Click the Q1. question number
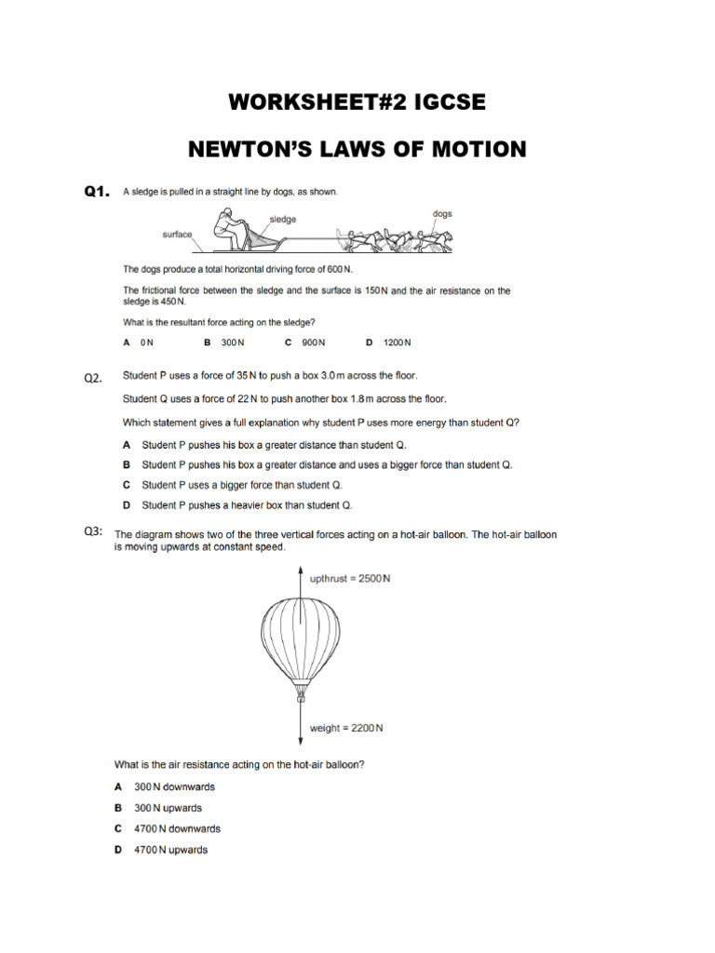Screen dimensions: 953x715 [97, 192]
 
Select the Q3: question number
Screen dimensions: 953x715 [94, 531]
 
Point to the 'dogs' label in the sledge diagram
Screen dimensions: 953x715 [442, 213]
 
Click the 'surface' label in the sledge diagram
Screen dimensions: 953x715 [177, 235]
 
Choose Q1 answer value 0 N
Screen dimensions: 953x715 [146, 342]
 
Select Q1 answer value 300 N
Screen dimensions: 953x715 [233, 342]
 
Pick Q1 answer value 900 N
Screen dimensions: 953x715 [314, 342]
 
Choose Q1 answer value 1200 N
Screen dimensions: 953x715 [397, 342]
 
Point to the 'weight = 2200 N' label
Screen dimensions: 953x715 [345, 728]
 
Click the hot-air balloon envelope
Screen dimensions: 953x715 [301, 638]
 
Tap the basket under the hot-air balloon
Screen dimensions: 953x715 [301, 694]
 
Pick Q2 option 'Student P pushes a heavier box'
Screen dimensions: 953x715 [247, 505]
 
